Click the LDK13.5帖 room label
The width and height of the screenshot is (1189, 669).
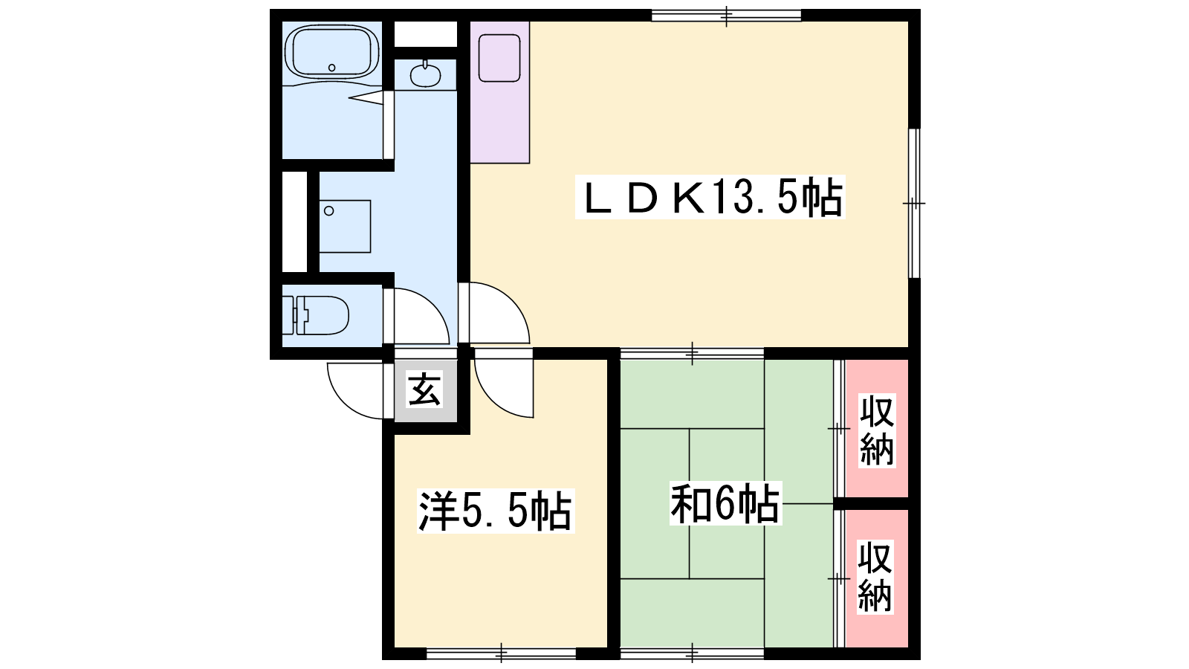point(710,198)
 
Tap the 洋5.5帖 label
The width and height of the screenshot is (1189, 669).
point(496,510)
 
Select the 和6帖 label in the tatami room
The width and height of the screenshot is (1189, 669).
point(725,502)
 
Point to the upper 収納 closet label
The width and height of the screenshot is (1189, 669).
point(878,430)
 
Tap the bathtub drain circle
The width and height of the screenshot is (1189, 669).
point(331,68)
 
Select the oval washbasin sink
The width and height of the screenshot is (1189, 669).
point(425,75)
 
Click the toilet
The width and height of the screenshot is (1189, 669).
point(315,315)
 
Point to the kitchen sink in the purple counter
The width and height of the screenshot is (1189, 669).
point(499,58)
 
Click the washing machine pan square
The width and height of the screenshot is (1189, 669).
point(345,226)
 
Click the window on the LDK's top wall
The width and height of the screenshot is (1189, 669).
point(726,16)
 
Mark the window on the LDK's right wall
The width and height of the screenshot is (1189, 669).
point(914,203)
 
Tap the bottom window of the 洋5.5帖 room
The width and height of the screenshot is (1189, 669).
point(502,653)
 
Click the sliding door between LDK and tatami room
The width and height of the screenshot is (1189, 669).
point(692,353)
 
